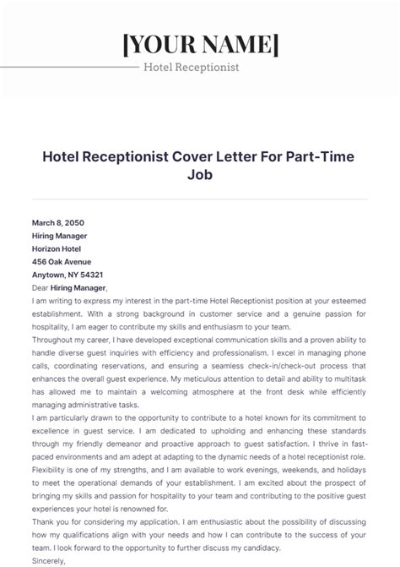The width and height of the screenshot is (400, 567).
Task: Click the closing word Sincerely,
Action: click(48, 559)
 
